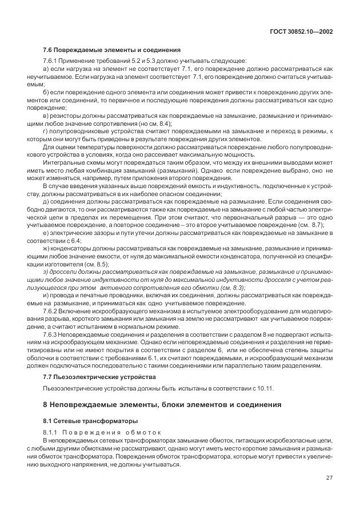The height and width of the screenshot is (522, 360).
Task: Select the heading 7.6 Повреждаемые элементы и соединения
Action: [x=111, y=49]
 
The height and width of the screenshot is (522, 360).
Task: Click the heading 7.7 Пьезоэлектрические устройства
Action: [x=101, y=377]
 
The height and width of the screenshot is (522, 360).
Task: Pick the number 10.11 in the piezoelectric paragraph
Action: [x=265, y=389]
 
